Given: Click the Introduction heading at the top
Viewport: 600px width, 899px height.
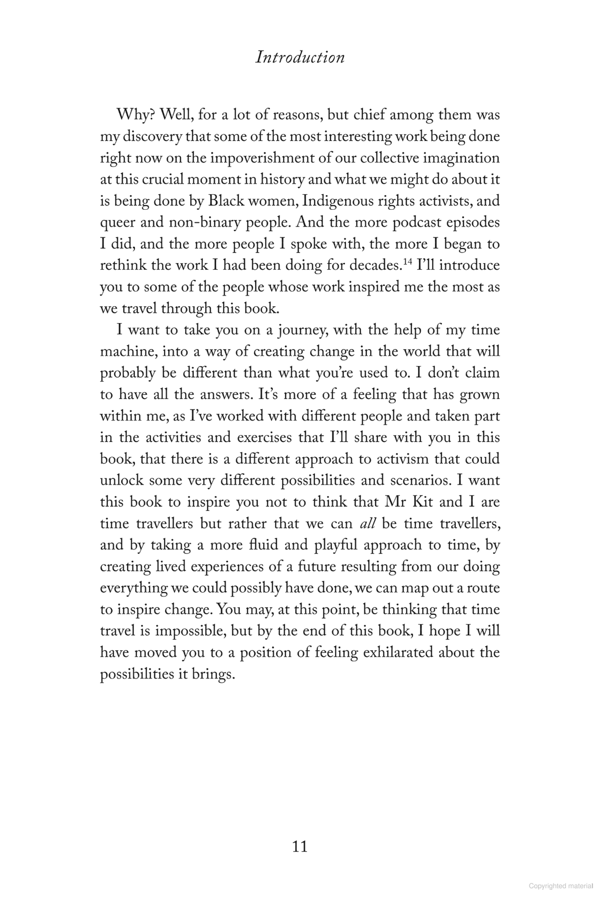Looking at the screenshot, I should (300, 57).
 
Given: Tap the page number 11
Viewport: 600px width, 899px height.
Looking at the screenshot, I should (299, 847).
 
